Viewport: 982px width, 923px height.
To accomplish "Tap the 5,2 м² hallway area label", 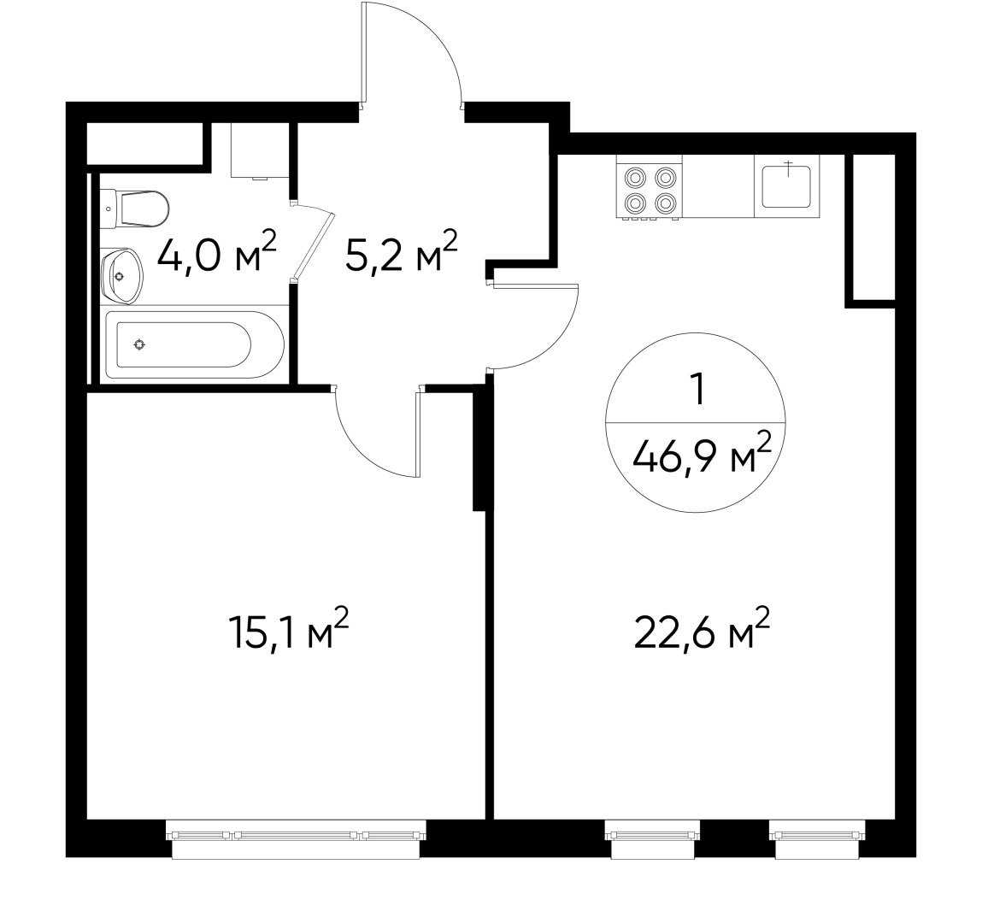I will coord(401,253).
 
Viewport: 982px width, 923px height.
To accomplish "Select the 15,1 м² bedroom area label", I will coord(289,631).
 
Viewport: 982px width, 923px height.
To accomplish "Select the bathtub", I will coord(193,344).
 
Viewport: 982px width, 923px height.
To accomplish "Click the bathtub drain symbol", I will coord(139,344).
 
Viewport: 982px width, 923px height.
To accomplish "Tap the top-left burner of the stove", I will coord(636,178).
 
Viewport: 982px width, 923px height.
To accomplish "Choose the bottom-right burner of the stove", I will coord(667,203).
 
